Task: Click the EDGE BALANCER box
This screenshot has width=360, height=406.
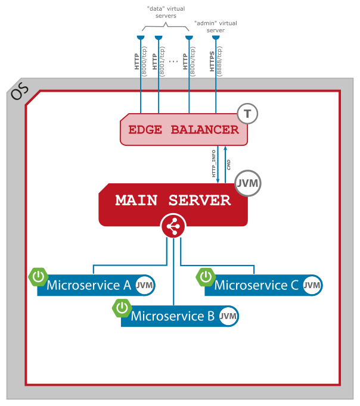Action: pos(184,130)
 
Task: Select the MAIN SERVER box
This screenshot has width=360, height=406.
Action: pos(173,201)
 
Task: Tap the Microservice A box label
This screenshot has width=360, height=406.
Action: pos(88,285)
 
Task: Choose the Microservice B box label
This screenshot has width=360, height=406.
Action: pos(172,316)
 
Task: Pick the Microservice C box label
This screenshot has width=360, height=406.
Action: pos(256,285)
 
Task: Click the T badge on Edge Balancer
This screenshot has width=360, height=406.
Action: pos(247,114)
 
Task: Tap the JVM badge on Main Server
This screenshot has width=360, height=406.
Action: pos(248,183)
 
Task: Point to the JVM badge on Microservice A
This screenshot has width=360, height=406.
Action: pos(144,286)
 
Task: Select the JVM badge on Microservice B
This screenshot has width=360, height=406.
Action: pos(228,317)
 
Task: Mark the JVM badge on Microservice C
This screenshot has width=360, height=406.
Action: pos(312,286)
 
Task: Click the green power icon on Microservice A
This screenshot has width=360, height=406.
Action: pos(38,276)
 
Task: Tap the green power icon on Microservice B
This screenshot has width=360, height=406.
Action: pos(122,307)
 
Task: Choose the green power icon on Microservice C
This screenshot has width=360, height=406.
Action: pos(206,276)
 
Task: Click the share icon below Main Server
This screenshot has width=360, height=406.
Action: pos(173,226)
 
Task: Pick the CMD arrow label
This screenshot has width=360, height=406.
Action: pos(229,164)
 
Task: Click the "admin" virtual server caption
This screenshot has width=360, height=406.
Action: pos(216,26)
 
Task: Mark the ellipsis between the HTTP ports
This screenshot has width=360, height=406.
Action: pos(173,61)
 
